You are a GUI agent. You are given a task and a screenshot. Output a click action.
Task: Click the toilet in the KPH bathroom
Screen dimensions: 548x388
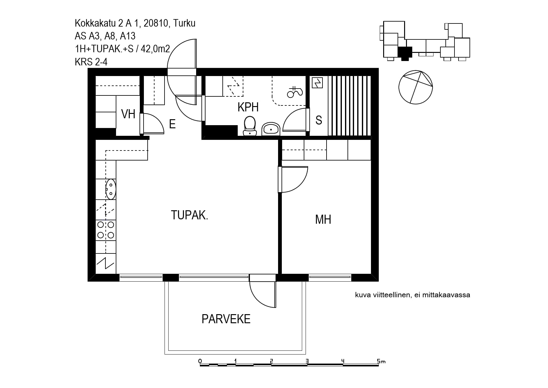click(x=250, y=126)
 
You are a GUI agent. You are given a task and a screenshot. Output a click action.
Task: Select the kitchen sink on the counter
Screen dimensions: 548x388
click(x=111, y=189)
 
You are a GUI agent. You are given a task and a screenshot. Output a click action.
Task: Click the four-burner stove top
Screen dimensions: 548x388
click(x=106, y=230)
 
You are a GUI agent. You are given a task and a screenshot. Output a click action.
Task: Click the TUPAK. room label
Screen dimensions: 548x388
click(x=190, y=215)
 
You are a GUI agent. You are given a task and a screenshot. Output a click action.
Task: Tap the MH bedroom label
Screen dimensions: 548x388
click(x=323, y=219)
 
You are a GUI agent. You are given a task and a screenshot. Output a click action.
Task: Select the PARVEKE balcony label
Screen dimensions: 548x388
click(x=226, y=319)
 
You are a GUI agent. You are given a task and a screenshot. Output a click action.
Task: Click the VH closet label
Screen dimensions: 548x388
click(x=128, y=114)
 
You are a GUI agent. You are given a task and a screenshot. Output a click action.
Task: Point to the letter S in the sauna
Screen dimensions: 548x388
click(x=319, y=120)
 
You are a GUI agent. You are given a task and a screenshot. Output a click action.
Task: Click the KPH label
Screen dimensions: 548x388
click(x=248, y=107)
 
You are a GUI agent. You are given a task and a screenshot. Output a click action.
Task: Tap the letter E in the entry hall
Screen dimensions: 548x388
click(x=172, y=124)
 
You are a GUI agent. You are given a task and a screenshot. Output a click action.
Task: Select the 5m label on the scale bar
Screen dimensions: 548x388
click(x=381, y=361)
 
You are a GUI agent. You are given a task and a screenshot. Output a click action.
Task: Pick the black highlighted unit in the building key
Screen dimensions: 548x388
click(x=405, y=53)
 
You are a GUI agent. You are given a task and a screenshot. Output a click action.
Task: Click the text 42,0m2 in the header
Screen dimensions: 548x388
click(x=155, y=49)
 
